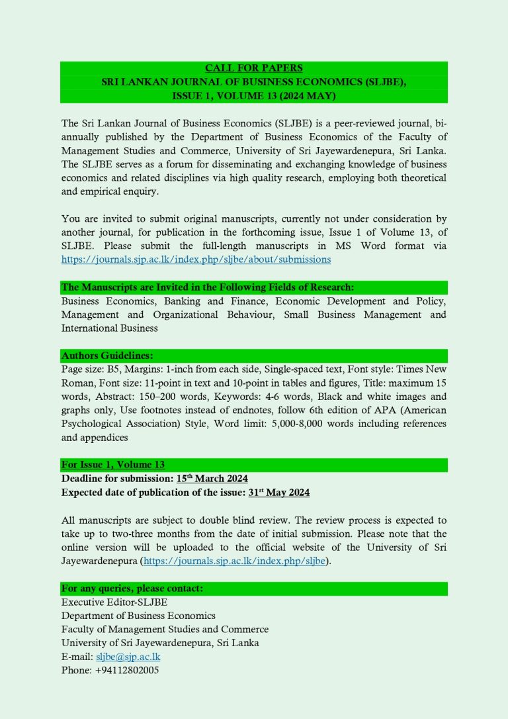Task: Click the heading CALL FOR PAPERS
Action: pos(253,68)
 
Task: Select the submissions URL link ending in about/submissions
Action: pos(196,260)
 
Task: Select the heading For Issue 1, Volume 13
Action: pos(113,465)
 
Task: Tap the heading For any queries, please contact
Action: pos(132,589)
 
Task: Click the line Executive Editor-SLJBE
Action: pos(114,602)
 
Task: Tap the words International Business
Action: pos(110,328)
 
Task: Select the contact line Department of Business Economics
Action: pos(138,616)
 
